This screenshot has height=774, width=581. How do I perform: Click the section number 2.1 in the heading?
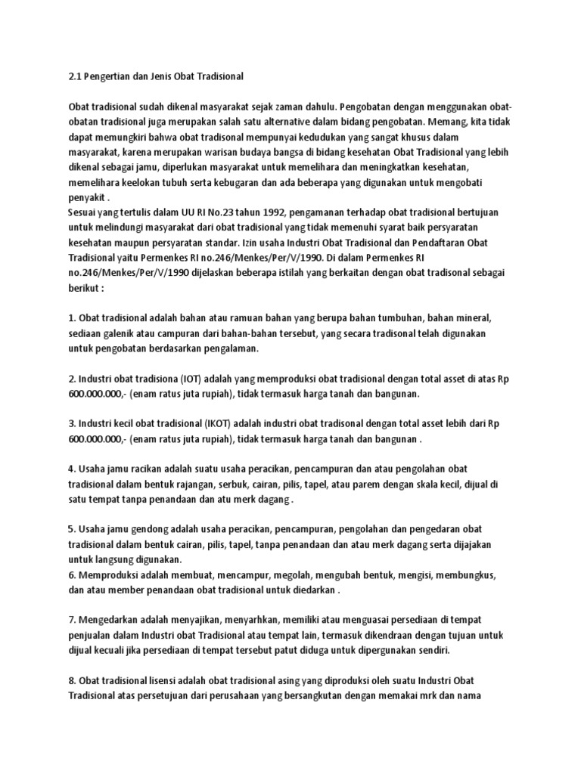pyautogui.click(x=75, y=76)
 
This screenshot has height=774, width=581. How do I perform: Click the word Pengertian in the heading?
pyautogui.click(x=109, y=76)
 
